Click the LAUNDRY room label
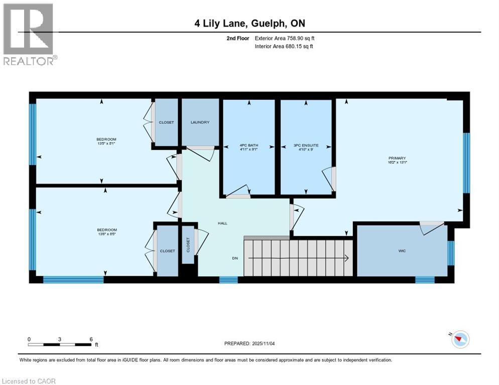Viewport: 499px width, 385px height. coord(200,122)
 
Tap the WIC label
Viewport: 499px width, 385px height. coord(402,251)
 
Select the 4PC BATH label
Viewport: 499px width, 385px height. coord(248,145)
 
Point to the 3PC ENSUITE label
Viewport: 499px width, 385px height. coord(306,145)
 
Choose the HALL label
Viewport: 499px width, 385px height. coord(222,223)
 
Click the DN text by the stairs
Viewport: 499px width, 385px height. coord(234,259)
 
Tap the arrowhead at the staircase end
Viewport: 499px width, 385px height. coord(346,259)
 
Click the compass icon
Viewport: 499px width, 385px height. coord(459,339)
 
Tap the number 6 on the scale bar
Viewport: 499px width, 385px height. coord(91,339)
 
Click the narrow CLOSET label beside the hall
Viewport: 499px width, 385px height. coord(189,245)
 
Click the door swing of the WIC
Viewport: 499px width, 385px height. coord(430,228)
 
